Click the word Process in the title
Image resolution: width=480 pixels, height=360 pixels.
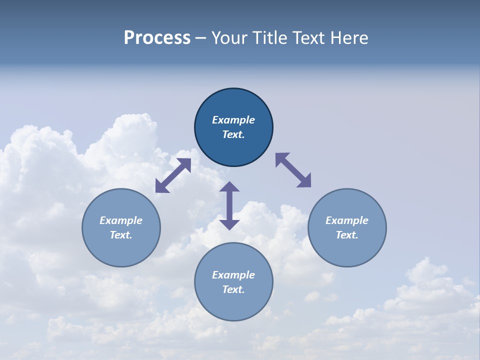point(157,38)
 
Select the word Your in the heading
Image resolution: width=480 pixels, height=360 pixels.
point(229,38)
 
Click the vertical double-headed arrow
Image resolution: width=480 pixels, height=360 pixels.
point(229,205)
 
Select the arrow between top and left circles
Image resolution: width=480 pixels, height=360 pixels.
point(173,175)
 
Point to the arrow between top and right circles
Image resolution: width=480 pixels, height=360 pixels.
point(293,170)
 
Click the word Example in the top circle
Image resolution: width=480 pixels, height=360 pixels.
point(233,120)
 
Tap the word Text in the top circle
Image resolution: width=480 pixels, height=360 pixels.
point(233,134)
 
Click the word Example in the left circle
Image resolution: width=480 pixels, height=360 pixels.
point(121,220)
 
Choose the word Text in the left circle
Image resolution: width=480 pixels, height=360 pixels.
point(121,235)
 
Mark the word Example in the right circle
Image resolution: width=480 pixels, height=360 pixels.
point(347,220)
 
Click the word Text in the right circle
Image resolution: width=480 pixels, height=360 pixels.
point(347,235)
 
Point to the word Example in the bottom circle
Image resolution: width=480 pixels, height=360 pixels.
point(233,275)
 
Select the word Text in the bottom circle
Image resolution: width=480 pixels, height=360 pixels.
point(233,289)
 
